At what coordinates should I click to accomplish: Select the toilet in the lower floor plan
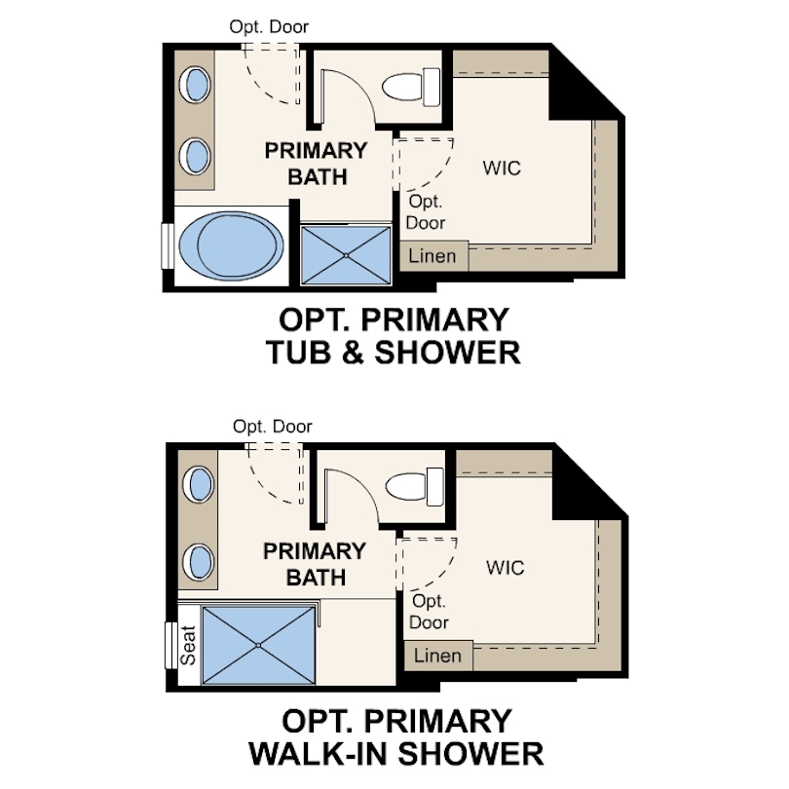[x=409, y=484]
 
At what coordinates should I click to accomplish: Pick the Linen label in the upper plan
[x=432, y=257]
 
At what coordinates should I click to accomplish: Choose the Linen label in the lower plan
[x=437, y=656]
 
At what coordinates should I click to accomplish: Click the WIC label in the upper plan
[x=502, y=168]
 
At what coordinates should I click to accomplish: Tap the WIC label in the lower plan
[x=505, y=567]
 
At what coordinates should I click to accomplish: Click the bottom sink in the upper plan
[x=196, y=155]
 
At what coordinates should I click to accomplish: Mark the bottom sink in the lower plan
[x=200, y=561]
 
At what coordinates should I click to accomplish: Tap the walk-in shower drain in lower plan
[x=259, y=644]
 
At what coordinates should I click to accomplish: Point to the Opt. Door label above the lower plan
[x=273, y=427]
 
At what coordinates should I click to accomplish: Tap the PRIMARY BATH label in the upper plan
[x=317, y=164]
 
